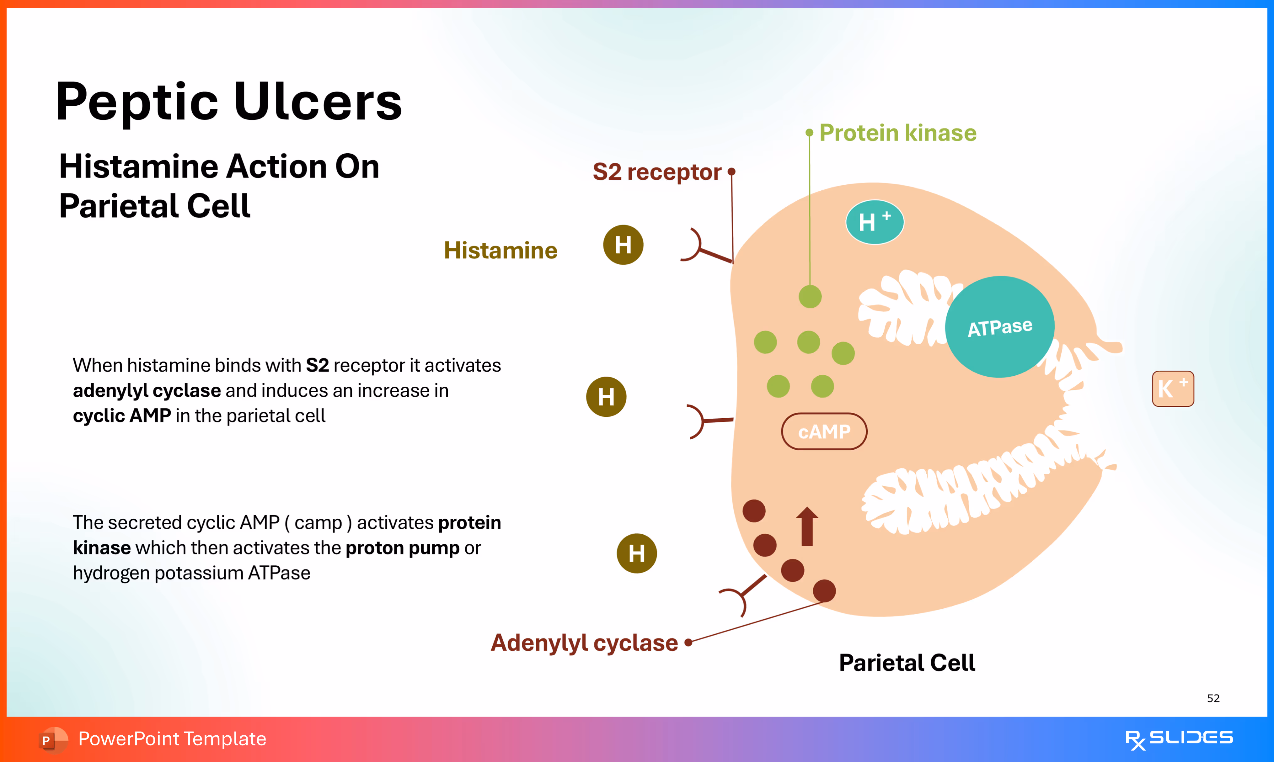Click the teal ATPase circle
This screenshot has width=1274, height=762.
tap(1000, 327)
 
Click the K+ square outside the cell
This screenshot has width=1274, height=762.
tap(1173, 389)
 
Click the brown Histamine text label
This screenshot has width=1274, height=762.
tap(500, 251)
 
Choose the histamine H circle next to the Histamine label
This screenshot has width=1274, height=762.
tap(623, 245)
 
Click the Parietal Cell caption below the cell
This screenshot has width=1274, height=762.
tap(907, 663)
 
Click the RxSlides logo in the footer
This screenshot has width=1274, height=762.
tap(1179, 739)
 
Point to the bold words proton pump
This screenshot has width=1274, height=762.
tap(402, 548)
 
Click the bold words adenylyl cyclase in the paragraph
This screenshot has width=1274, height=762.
tap(147, 391)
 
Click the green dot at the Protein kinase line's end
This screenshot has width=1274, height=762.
tap(810, 297)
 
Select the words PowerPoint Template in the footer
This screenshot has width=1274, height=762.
tap(172, 739)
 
